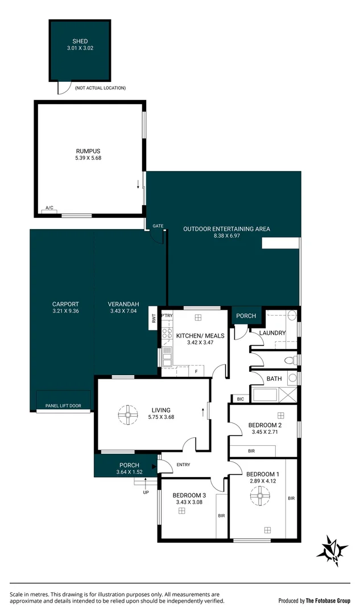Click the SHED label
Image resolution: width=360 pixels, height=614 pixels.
80,42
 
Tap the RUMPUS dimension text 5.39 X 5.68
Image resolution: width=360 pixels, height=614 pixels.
88,158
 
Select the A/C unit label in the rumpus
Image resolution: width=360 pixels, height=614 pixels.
49,208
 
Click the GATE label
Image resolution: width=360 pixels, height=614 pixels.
158,226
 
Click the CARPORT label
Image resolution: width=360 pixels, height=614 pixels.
62,304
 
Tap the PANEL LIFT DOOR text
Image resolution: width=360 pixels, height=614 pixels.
63,406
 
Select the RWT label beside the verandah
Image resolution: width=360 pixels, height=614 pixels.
153,319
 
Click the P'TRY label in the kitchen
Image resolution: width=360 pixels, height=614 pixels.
167,316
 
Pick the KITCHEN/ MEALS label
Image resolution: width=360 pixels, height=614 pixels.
200,336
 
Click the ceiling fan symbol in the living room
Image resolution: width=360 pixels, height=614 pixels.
128,415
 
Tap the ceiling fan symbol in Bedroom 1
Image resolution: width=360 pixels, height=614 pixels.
260,499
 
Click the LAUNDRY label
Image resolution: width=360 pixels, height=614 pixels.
272,333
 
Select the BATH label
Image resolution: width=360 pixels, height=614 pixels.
274,379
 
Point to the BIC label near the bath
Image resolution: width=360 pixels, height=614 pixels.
240,399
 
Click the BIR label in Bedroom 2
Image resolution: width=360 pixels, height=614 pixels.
251,451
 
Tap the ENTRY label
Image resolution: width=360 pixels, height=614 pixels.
183,464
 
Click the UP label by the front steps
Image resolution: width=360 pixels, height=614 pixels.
145,492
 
